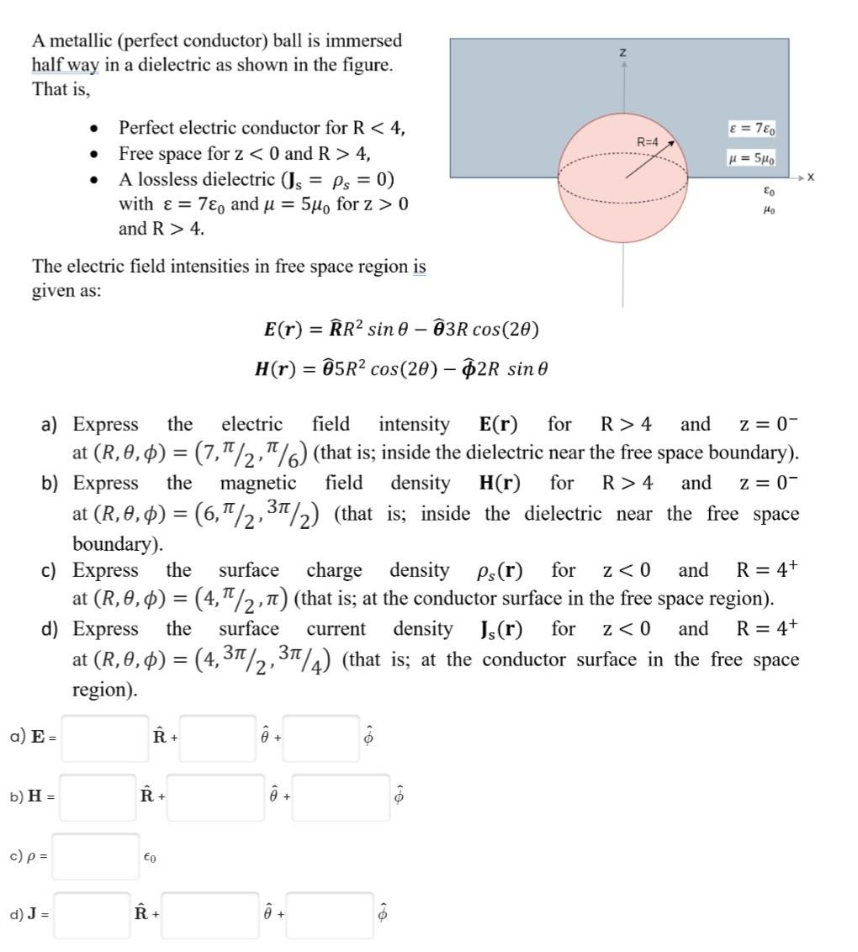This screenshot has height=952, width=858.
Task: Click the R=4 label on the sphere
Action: pyautogui.click(x=647, y=143)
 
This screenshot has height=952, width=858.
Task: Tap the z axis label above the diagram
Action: pyautogui.click(x=622, y=53)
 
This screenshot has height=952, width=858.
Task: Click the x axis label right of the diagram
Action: pyautogui.click(x=810, y=177)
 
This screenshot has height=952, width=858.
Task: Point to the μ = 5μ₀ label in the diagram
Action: pyautogui.click(x=754, y=157)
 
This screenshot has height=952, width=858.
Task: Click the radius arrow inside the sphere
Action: pyautogui.click(x=650, y=162)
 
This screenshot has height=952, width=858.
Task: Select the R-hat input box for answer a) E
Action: pyautogui.click(x=104, y=738)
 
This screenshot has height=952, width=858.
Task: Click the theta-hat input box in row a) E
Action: pyautogui.click(x=217, y=738)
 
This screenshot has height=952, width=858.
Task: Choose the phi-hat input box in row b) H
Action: pyautogui.click(x=341, y=796)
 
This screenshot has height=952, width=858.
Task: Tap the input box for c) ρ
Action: pyautogui.click(x=95, y=856)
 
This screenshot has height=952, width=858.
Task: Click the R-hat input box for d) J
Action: pyautogui.click(x=93, y=914)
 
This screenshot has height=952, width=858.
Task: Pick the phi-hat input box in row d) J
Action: pyautogui.click(x=329, y=914)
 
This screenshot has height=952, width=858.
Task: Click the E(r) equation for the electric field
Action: pyautogui.click(x=400, y=329)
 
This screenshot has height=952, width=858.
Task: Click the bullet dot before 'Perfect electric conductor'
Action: pyautogui.click(x=96, y=130)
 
